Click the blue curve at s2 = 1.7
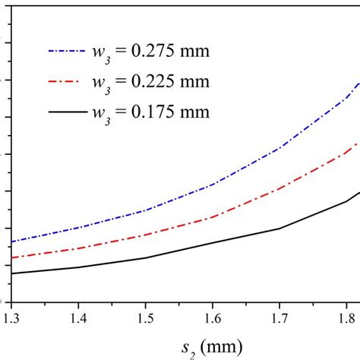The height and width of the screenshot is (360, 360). coord(279,148)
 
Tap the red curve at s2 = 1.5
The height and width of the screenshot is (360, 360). coord(145,235)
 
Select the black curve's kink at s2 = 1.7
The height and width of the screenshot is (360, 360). coord(279,228)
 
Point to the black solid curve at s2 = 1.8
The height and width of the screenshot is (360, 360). coord(346,201)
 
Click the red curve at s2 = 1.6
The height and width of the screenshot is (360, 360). coord(213,214)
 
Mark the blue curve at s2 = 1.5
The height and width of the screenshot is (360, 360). coord(145,210)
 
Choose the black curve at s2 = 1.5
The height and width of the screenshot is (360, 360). coord(145,258)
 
